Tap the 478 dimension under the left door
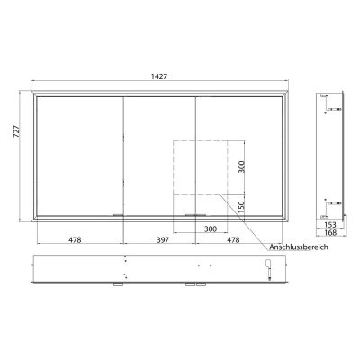(78, 240)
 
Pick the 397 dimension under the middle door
(158, 240)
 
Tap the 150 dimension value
(240, 206)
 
